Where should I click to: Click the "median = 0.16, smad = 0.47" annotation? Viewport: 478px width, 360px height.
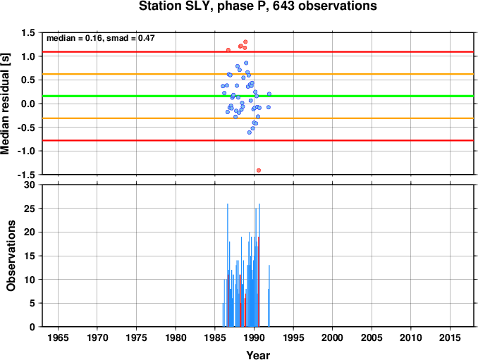coord(101,38)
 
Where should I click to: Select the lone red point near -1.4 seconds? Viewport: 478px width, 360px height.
coord(259,170)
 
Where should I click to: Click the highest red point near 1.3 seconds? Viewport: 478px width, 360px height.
coord(245,42)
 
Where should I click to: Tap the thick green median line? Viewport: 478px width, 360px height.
coord(258,97)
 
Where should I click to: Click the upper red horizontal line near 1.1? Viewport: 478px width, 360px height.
coord(258,51)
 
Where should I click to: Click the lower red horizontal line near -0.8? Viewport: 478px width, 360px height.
coord(258,140)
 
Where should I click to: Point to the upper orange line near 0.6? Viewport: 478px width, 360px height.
coord(258,74)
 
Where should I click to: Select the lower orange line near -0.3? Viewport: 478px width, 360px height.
coord(258,118)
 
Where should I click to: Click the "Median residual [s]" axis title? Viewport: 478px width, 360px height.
coord(5,104)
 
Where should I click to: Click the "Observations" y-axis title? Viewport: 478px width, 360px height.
coord(11,256)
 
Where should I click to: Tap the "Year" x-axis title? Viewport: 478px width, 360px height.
coord(258,355)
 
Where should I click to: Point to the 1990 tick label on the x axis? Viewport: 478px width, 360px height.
coord(254,337)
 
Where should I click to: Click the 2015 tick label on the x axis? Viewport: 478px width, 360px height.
coord(450,337)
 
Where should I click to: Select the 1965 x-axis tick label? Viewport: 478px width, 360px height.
coord(58,337)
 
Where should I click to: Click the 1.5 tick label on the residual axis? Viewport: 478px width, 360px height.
coord(28,32)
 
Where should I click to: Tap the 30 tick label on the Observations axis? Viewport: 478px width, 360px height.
coord(30,185)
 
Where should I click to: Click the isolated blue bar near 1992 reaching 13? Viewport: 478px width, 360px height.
coord(269,296)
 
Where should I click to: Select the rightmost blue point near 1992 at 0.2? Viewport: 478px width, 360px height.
coord(269,94)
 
